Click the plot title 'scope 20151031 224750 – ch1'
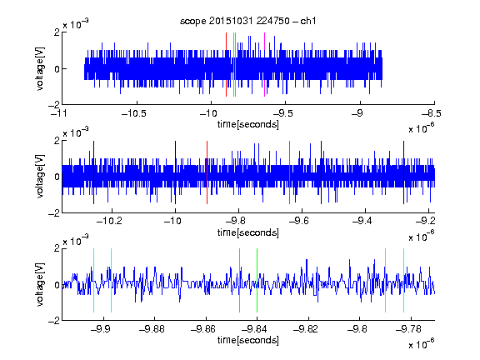[x=248, y=21]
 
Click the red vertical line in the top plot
[x=226, y=65]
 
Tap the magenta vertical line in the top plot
[x=264, y=65]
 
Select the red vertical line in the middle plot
[x=207, y=172]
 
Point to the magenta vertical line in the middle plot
[x=290, y=172]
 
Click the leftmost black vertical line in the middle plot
[x=93, y=172]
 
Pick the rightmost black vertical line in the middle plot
[x=404, y=172]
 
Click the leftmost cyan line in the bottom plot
[x=93, y=280]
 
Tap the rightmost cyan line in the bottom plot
[x=404, y=280]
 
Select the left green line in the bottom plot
[x=240, y=280]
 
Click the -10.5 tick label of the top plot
[x=134, y=113]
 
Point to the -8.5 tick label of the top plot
[x=432, y=113]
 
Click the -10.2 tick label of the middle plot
[x=109, y=221]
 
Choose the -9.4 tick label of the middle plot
[x=362, y=221]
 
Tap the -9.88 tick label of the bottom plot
[x=152, y=329]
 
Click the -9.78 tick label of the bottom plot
[x=408, y=329]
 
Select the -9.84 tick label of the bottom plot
[x=254, y=329]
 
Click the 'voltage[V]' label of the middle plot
[x=40, y=177]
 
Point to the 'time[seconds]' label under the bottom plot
[x=248, y=340]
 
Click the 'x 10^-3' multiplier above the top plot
[x=76, y=24]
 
